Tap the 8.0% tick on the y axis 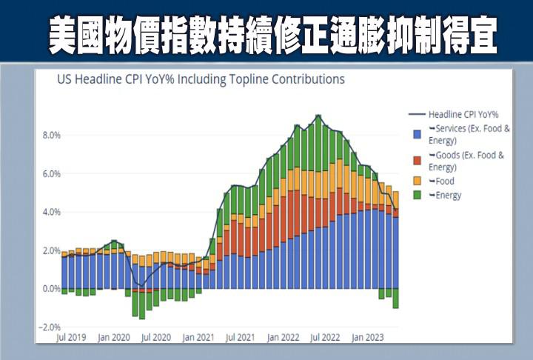coord(50,136)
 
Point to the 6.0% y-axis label coord(50,174)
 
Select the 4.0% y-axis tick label coord(50,213)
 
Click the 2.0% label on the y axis coord(50,251)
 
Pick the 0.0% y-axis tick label coord(50,289)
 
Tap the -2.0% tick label coord(48,327)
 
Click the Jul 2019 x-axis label coord(72,338)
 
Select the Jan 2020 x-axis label coord(115,338)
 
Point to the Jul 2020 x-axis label coord(156,338)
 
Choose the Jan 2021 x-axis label coord(199,338)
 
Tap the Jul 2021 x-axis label coord(241,338)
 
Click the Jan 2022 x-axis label coord(284,338)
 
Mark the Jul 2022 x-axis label coord(325,338)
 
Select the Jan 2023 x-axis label coord(368,338)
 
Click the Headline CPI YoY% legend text coord(463,115)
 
